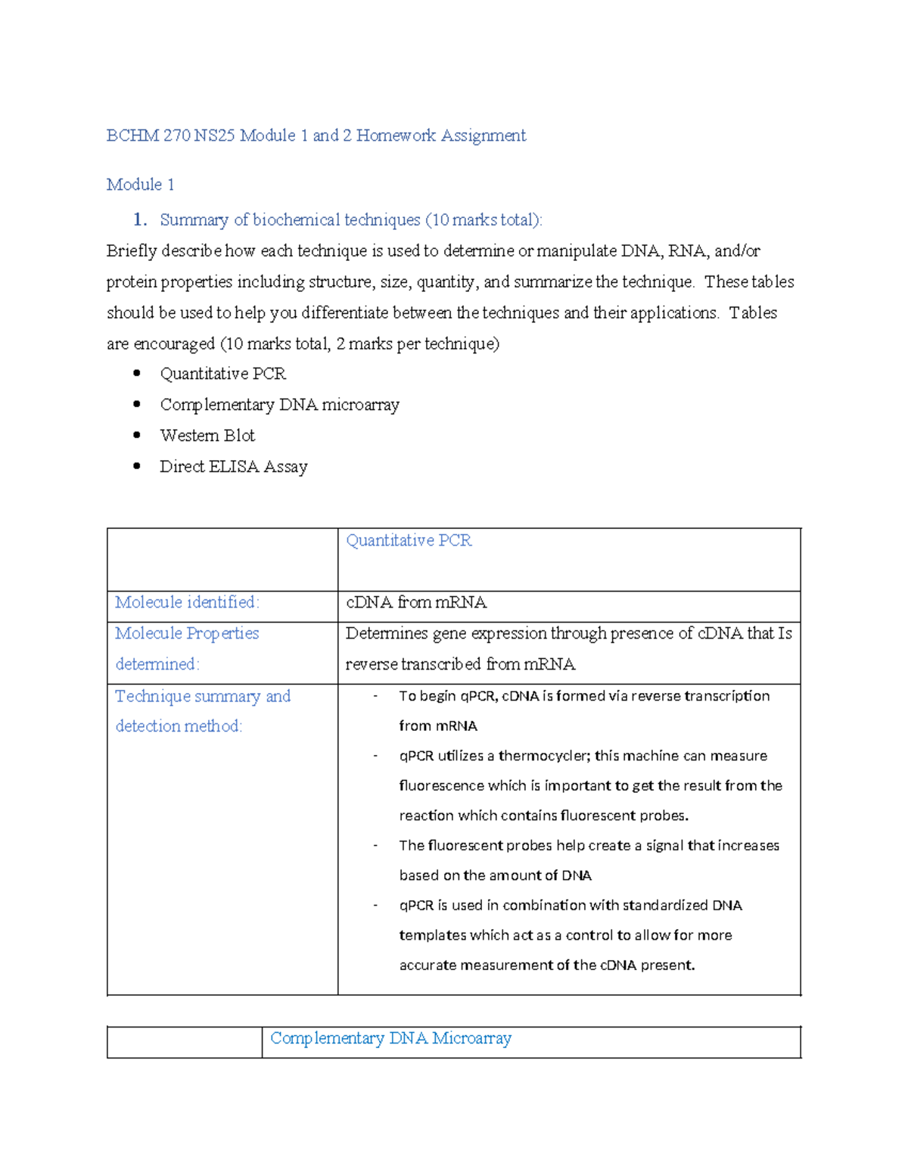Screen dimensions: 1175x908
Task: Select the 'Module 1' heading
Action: [x=141, y=185]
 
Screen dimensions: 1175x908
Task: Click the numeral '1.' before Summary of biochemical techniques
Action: [x=139, y=220]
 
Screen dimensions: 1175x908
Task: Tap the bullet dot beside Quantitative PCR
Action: [x=137, y=373]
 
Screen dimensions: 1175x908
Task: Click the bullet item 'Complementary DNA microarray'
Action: [x=279, y=405]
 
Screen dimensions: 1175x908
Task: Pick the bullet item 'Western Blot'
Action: [x=207, y=436]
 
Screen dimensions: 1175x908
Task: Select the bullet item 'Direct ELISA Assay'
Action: [x=233, y=467]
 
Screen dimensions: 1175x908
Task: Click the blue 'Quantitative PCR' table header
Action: [x=409, y=541]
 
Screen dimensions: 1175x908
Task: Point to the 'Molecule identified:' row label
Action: [x=187, y=602]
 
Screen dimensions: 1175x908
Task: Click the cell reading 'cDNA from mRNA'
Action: [x=416, y=603]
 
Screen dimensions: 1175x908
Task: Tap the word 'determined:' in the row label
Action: [x=157, y=664]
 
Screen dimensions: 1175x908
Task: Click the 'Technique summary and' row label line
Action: [x=203, y=696]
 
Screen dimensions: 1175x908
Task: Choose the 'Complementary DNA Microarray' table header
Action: [x=390, y=1039]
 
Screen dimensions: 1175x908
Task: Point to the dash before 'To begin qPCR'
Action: [x=375, y=696]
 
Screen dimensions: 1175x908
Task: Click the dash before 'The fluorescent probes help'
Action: [x=375, y=846]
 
